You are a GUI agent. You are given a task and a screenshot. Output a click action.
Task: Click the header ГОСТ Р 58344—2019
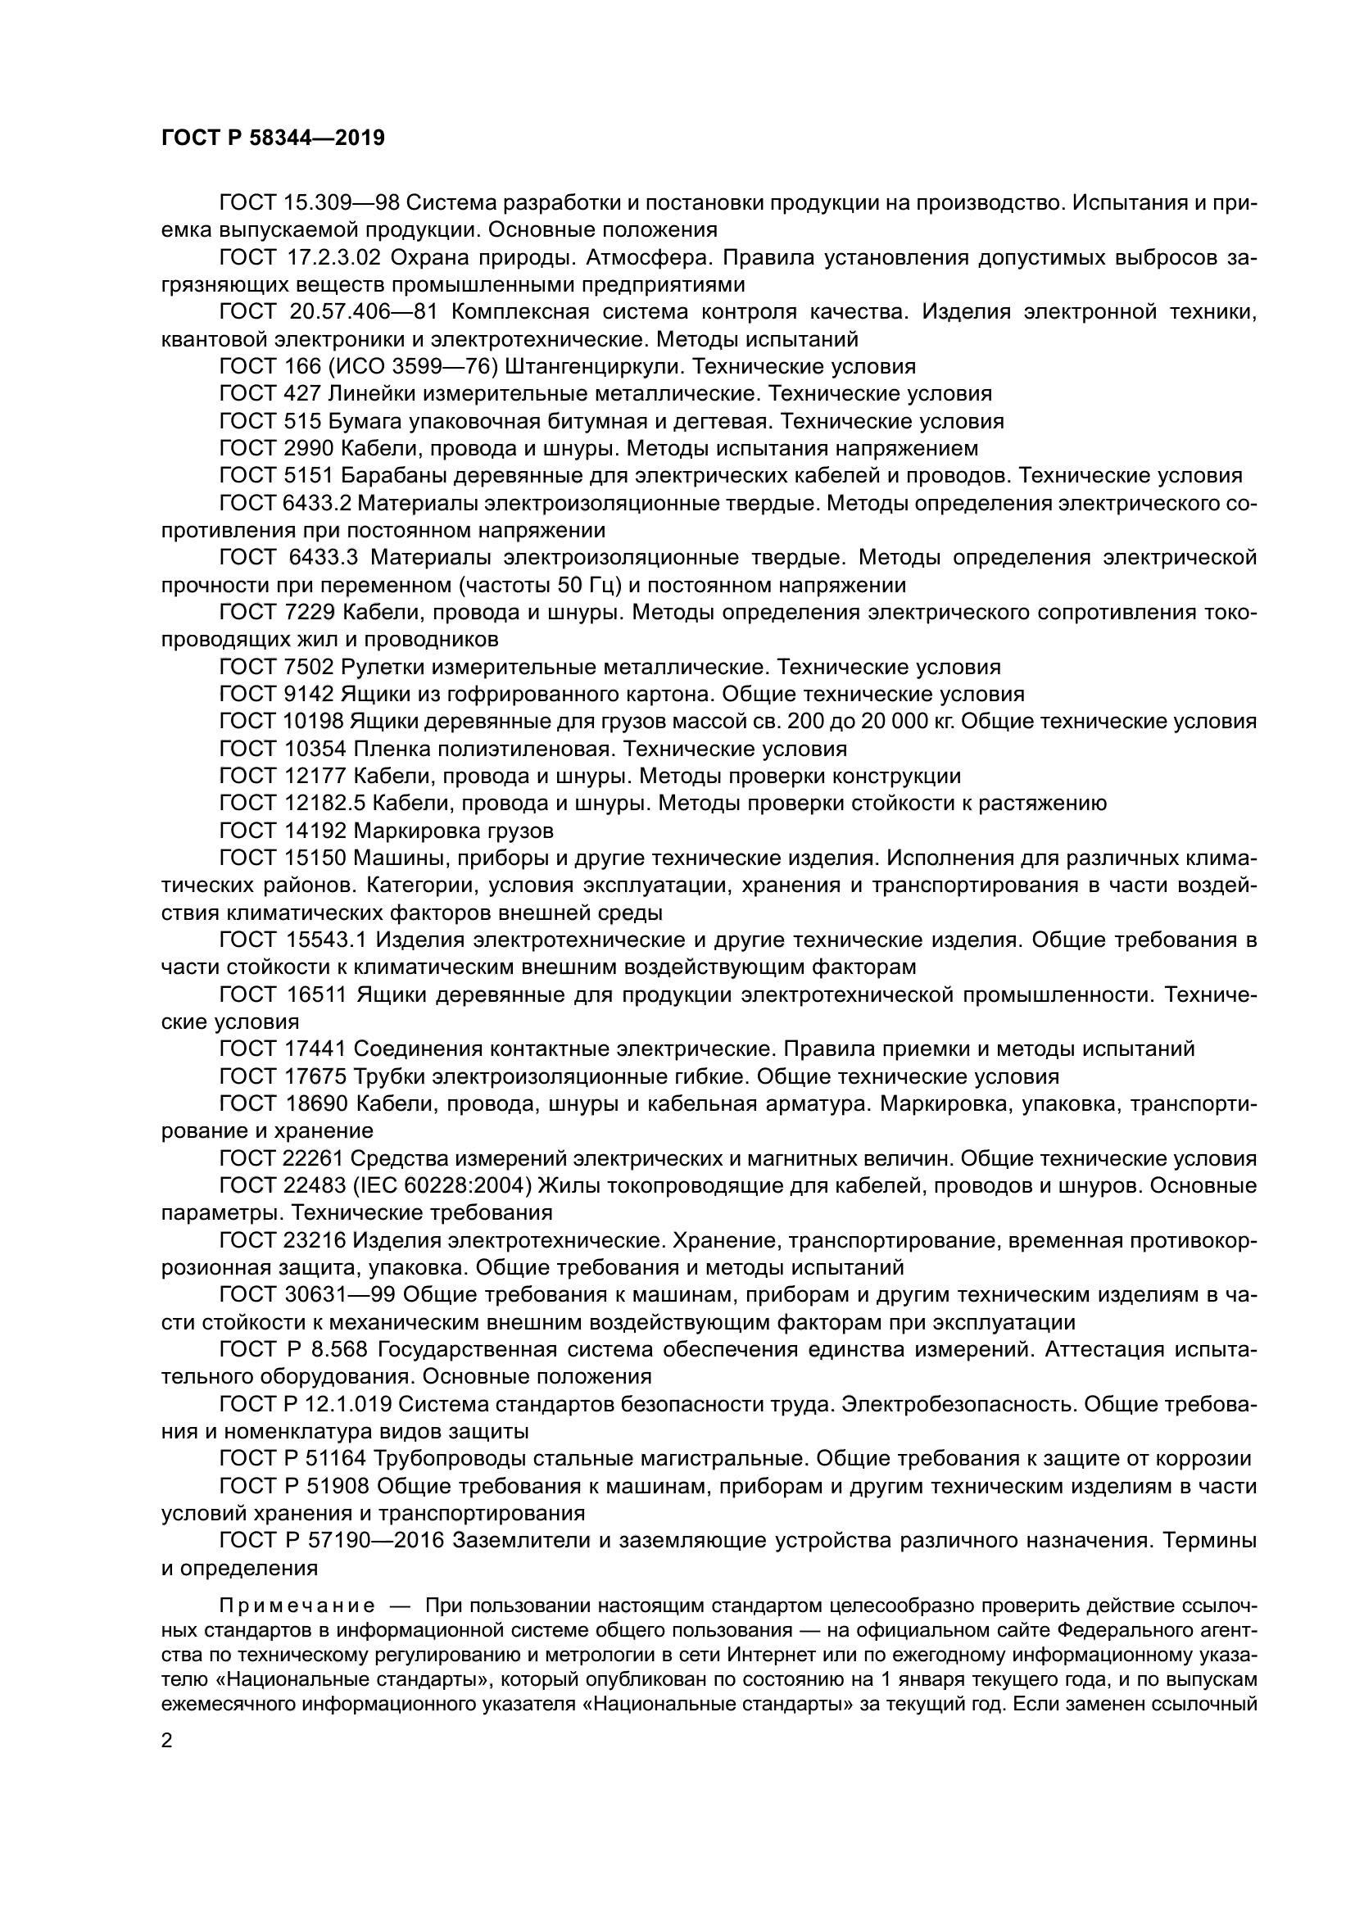[273, 138]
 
